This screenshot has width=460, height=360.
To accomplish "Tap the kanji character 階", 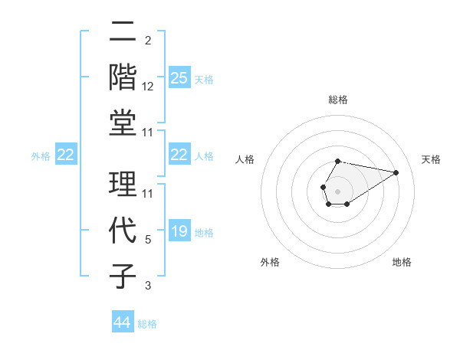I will tap(123, 77).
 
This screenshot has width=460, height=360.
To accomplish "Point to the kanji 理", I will tap(123, 184).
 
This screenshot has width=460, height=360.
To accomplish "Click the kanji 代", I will tap(123, 230).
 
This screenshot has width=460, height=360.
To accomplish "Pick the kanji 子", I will tap(123, 275).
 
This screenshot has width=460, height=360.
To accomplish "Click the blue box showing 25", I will tap(179, 77).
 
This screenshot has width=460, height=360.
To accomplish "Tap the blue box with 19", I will tap(179, 231).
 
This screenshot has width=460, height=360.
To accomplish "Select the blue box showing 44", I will tap(122, 322).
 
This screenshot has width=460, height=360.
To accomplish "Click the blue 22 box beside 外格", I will tap(65, 155).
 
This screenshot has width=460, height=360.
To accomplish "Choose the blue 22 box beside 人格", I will tap(179, 155).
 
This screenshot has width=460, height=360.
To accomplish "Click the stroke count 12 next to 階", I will tap(148, 87).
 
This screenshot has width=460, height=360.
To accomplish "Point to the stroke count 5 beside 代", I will tap(148, 240).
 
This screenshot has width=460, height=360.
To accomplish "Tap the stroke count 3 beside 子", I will tap(148, 286).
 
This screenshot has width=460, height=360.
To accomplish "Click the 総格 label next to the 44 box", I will tap(147, 324).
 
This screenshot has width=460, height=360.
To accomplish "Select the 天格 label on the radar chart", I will tap(431, 159).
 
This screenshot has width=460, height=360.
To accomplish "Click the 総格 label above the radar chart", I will tap(337, 100).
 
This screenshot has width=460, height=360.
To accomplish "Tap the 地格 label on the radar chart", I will tap(402, 262).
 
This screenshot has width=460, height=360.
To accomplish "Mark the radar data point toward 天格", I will tap(396, 172).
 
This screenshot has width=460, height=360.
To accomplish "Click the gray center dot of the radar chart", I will tap(337, 190).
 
